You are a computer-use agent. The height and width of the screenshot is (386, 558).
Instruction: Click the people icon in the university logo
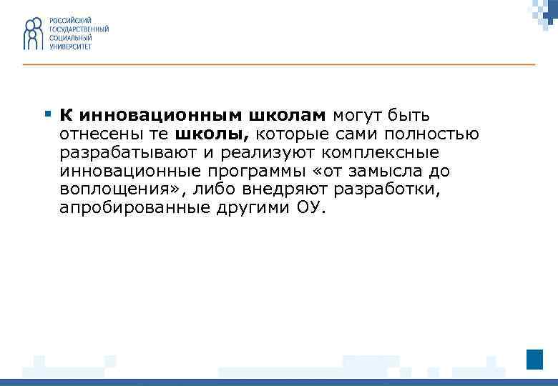[x=34, y=33]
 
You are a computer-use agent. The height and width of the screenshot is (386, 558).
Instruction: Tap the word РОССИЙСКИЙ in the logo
[x=70, y=19]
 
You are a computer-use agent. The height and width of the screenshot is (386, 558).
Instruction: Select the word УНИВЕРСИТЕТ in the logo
[x=71, y=46]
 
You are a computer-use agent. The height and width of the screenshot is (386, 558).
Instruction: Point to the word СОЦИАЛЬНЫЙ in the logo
[x=70, y=37]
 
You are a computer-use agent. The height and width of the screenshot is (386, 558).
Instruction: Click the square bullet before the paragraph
[x=47, y=114]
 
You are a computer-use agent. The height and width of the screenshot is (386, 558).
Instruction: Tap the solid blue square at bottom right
[x=534, y=360]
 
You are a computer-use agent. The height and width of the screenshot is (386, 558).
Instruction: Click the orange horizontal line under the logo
[x=279, y=65]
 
